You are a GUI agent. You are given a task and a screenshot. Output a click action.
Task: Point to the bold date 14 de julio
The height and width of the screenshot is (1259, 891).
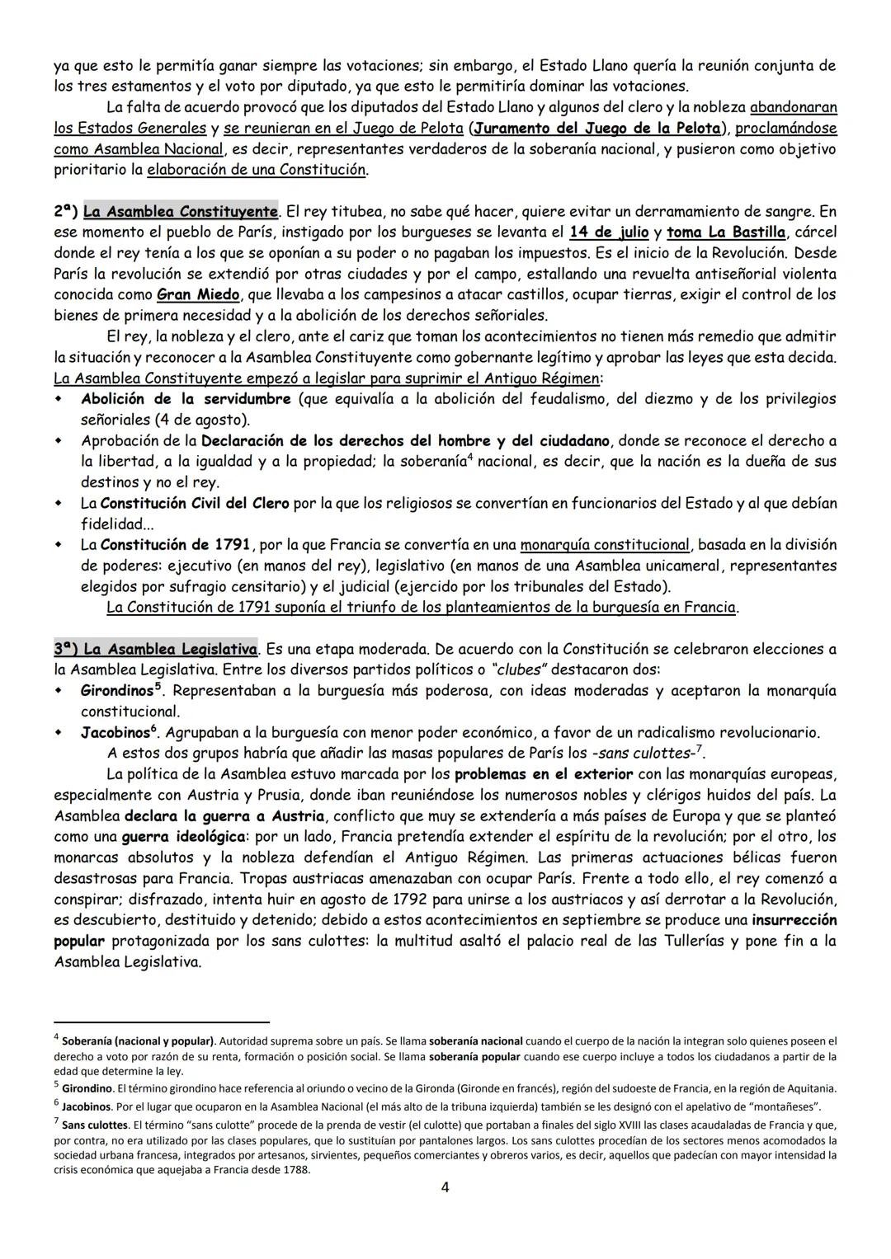click(609, 232)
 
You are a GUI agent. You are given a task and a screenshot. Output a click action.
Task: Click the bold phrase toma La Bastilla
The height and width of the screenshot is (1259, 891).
click(726, 232)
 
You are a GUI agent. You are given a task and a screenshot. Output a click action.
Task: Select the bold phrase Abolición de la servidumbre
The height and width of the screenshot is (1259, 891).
click(186, 399)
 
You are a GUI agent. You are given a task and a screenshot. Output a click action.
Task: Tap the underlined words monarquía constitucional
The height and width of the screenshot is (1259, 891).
click(605, 545)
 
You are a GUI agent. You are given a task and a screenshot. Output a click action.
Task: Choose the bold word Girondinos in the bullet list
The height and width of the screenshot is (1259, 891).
click(117, 691)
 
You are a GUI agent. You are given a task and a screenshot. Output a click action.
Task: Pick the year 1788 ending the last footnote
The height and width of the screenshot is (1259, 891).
click(297, 1169)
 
